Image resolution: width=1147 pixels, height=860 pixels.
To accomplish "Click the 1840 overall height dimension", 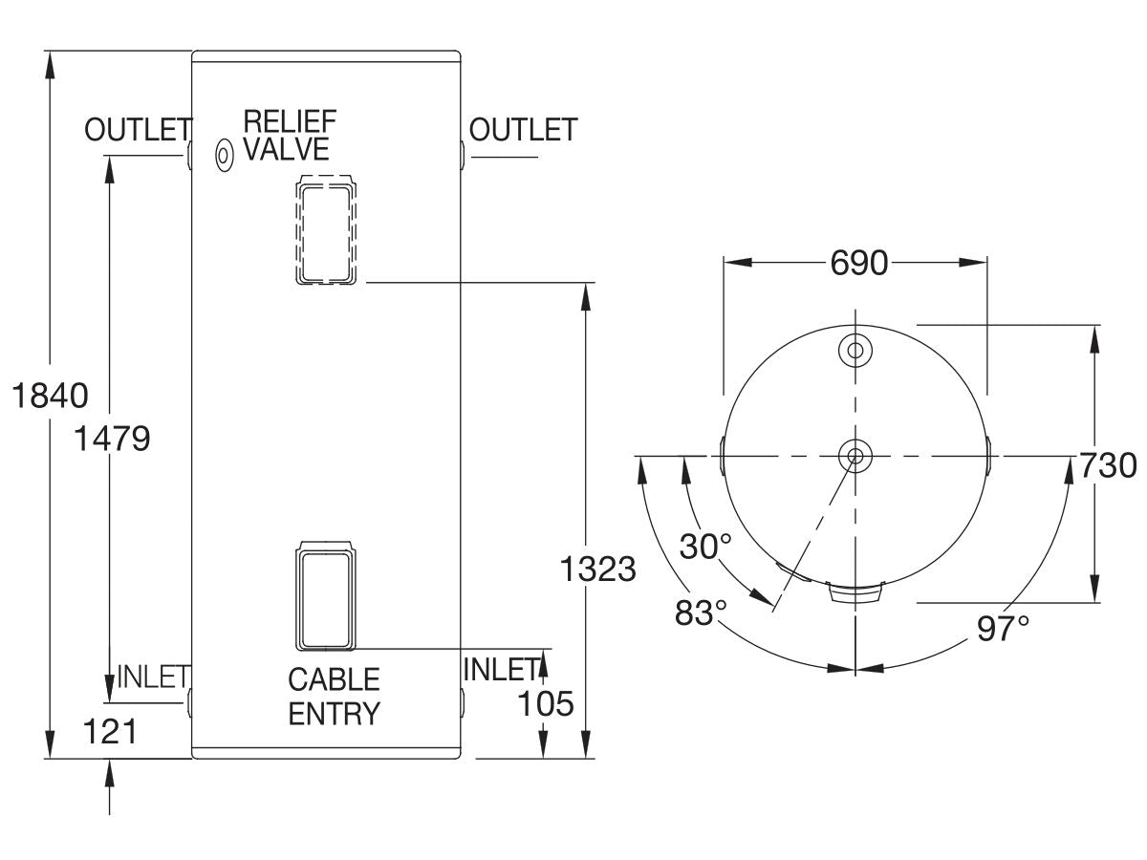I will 49,395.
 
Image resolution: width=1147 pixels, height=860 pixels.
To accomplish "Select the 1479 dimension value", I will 113,439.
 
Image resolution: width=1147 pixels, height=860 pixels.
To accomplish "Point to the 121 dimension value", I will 112,733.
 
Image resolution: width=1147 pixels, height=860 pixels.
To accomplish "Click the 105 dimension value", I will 545,703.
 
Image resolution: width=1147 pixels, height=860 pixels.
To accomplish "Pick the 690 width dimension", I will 858,263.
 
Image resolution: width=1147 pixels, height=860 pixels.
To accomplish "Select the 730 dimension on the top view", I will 1107,465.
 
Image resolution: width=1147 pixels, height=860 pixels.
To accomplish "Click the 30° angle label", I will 705,547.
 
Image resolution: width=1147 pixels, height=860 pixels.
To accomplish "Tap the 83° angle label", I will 701,613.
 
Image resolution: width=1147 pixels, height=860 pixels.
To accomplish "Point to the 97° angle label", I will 1004,628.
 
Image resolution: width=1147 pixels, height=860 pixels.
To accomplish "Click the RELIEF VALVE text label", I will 289,135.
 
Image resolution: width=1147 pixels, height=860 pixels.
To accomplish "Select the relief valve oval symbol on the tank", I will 224,154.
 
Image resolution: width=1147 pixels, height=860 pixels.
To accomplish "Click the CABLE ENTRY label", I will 334,697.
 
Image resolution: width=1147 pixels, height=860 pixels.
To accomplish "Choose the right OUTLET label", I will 523,130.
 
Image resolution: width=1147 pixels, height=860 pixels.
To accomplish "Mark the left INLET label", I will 153,677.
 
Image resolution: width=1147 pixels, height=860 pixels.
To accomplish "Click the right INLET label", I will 500,669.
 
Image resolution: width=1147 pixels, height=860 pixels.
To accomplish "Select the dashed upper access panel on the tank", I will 327,229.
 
